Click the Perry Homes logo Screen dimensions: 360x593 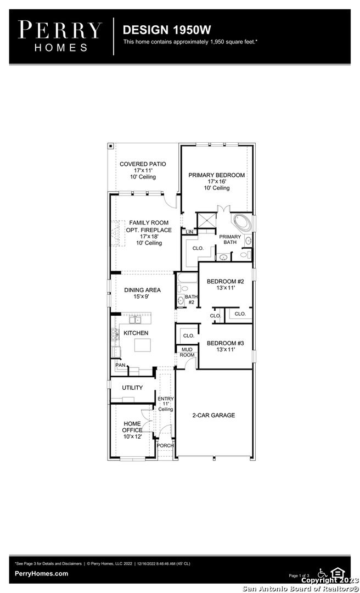coord(60,36)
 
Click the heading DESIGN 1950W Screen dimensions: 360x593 coord(167,30)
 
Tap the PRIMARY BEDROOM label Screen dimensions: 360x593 coord(217,175)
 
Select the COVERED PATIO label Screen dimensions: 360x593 coord(143,164)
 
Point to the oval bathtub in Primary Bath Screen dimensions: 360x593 coord(241,223)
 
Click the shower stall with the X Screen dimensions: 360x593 coord(206,220)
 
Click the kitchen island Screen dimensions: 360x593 coord(143,345)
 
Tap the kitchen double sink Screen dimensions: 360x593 coord(135,320)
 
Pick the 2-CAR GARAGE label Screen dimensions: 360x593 coord(213,415)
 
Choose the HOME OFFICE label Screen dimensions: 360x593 coord(132,427)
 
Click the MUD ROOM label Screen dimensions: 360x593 coord(187,352)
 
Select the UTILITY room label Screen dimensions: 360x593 coord(132,388)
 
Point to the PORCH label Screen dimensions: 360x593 coord(165,445)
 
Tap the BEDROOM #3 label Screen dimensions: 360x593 coord(226,343)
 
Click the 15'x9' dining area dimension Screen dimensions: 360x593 coord(142,297)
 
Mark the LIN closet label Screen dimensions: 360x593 coord(189,232)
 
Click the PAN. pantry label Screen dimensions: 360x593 coord(121,365)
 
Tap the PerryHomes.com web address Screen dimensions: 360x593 coord(42,574)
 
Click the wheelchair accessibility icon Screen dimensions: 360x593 coord(322,573)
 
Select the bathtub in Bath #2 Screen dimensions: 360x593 coord(187,278)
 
